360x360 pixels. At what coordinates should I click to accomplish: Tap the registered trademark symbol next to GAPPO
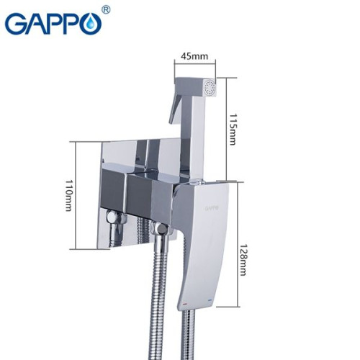coord(106,10)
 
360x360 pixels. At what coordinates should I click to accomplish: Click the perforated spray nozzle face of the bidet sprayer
coord(210,91)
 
